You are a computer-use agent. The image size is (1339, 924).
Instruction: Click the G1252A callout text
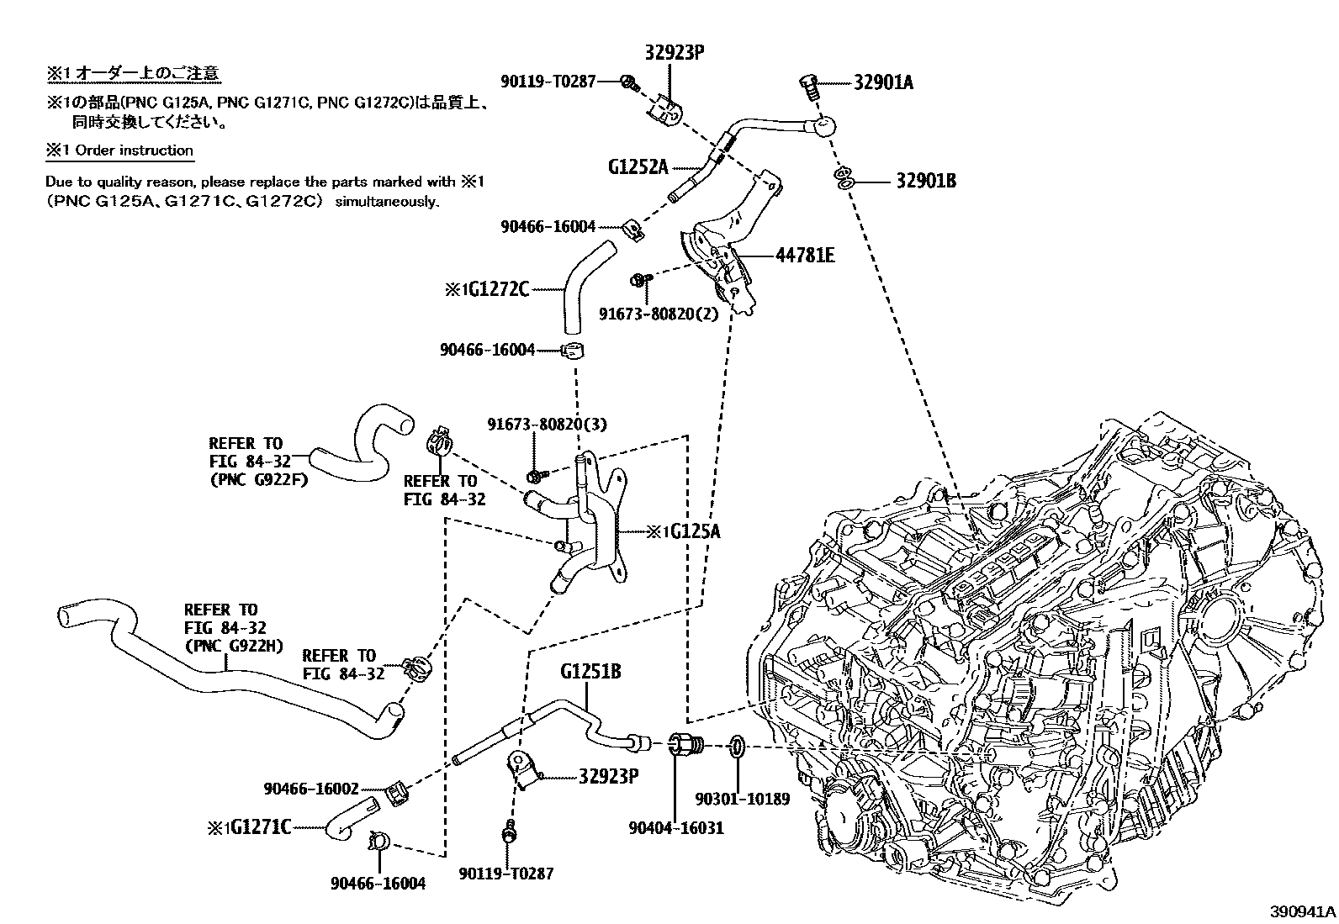[x=638, y=166]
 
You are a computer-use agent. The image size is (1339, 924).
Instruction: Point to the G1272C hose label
[x=498, y=289]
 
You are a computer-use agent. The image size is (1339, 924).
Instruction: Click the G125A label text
[x=695, y=531]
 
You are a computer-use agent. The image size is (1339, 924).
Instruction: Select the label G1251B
[x=590, y=671]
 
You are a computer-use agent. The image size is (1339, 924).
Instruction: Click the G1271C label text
[x=260, y=827]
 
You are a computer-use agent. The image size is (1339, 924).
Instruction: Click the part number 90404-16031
[x=675, y=827]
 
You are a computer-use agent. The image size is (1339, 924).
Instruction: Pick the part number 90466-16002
[x=311, y=789]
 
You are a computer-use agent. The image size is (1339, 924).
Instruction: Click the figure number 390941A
[x=1301, y=911]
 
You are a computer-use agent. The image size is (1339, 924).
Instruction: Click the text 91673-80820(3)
[x=546, y=425]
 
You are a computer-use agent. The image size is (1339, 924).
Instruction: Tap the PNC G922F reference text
[x=258, y=480]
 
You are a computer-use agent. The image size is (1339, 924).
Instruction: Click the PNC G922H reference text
[x=234, y=646]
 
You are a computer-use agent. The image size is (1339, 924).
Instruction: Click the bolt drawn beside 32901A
[x=808, y=86]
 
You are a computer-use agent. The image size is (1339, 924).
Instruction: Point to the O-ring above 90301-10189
[x=735, y=745]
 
